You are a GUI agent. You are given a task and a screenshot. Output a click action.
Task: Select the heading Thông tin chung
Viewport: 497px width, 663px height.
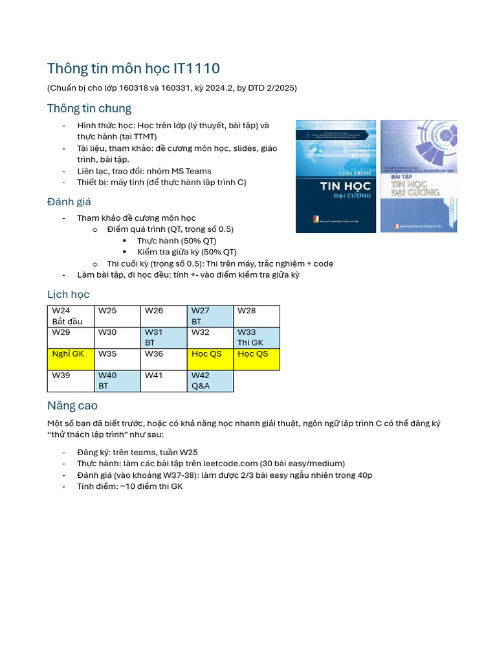(x=89, y=108)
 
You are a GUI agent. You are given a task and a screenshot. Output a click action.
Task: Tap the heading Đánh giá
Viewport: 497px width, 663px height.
(x=69, y=202)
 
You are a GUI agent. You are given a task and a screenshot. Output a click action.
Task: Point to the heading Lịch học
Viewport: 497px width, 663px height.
(x=69, y=295)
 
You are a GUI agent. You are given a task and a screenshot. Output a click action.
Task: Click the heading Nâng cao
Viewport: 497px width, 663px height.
(x=72, y=406)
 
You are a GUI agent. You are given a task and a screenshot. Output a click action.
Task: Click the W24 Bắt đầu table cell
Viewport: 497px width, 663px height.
(x=71, y=316)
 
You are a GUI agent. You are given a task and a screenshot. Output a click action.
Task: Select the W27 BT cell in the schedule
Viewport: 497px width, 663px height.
(x=210, y=316)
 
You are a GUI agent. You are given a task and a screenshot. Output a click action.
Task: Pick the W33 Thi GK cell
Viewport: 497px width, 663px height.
(x=256, y=337)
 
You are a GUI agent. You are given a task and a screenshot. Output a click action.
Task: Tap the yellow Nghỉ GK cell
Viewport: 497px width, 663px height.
(x=71, y=359)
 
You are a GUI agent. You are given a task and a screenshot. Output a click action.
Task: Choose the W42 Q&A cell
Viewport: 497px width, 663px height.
(x=210, y=381)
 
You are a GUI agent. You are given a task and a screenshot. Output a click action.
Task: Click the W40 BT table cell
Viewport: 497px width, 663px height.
(x=117, y=381)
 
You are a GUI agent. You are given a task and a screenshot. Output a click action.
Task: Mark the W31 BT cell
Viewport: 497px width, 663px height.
(x=163, y=337)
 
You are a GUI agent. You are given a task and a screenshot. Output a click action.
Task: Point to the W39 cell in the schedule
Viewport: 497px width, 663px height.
(x=71, y=381)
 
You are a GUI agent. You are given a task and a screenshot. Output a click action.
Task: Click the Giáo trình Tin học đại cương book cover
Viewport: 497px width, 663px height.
(x=335, y=176)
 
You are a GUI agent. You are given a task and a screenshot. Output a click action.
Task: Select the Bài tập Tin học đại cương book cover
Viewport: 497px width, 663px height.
(x=419, y=176)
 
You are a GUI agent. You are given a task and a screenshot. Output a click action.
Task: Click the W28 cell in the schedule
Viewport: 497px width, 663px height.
(x=256, y=316)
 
